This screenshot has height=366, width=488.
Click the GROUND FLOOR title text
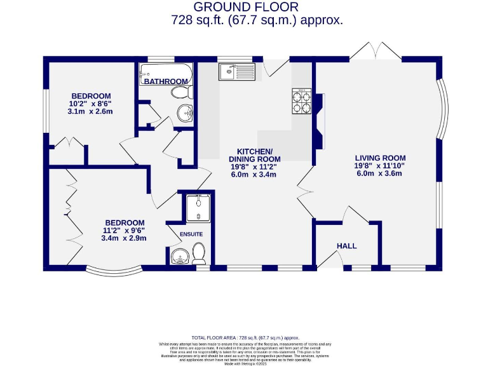point(245,7)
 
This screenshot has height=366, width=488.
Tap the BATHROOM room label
point(165,81)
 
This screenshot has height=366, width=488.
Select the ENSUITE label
point(191,234)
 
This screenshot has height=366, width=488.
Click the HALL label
point(346,246)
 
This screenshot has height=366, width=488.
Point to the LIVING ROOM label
point(380,158)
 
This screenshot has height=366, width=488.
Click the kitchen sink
point(236,72)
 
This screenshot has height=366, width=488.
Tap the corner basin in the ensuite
point(179,257)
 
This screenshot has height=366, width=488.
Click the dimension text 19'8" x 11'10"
point(380,166)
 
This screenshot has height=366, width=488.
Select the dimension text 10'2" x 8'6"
point(91,103)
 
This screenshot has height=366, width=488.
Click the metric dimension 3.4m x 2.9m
point(124,238)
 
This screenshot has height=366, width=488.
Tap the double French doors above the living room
point(375,51)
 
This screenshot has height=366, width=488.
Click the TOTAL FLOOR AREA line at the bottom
point(245,338)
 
